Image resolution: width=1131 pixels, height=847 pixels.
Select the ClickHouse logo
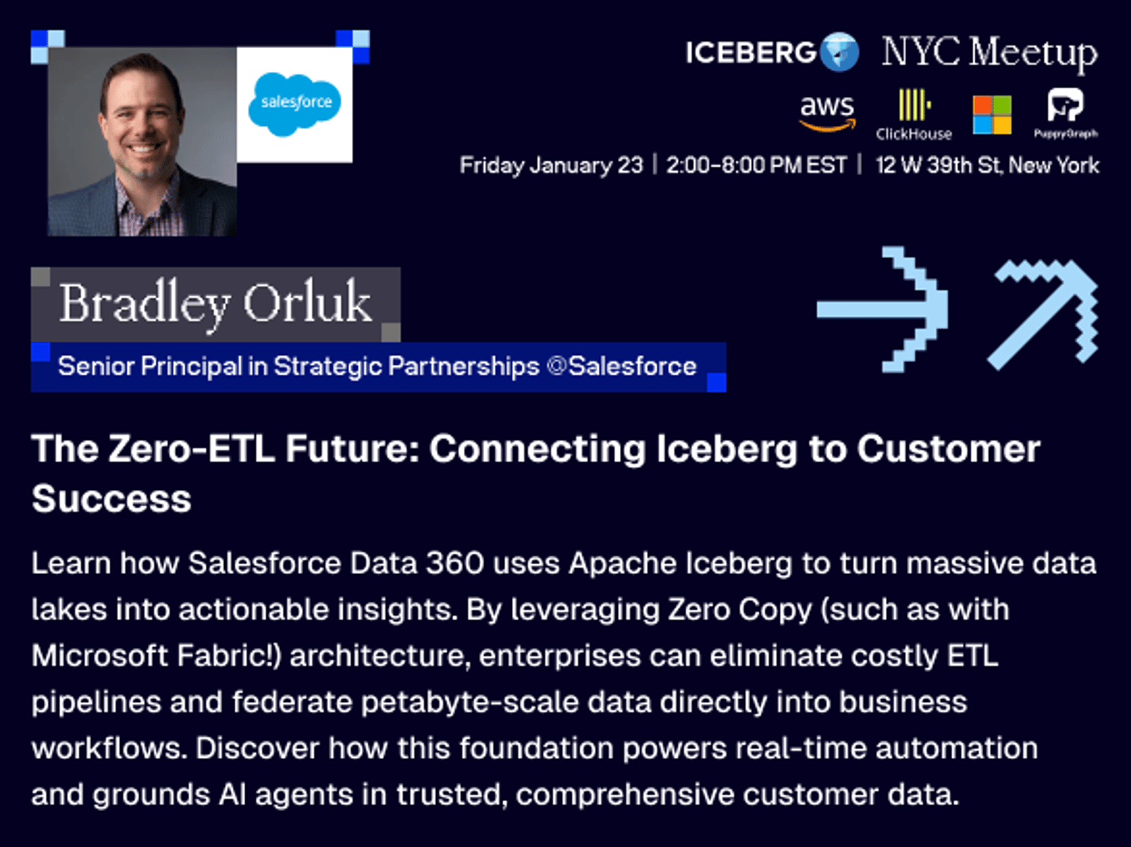coord(914,115)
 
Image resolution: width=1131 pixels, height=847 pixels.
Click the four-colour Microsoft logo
coord(992,115)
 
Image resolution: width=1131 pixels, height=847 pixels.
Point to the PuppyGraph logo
coord(1065,113)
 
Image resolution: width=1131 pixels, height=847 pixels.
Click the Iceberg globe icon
coord(839,52)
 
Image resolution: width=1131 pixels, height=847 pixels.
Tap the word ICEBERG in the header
coord(751,52)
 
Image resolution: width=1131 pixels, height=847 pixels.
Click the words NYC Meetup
coord(990,54)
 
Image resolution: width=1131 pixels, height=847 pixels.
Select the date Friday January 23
coord(551,165)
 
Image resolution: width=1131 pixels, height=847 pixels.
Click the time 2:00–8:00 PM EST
coord(756,165)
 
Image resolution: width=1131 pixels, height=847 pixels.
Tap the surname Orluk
coord(307,303)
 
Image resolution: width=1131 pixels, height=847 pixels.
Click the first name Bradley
coord(144,305)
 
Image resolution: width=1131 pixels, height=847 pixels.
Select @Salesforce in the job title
coord(621,366)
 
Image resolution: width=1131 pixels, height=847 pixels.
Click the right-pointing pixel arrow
coord(882,310)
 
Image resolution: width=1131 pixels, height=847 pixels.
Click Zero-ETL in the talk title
coord(192,449)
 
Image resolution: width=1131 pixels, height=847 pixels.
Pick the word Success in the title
coord(111,498)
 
